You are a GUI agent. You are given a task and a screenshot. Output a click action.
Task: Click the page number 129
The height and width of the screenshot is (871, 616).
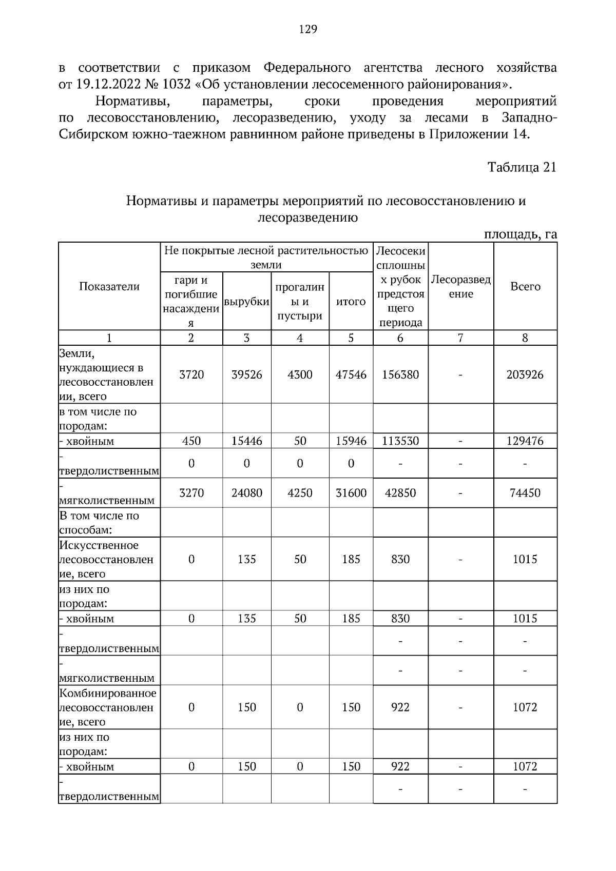click(x=308, y=29)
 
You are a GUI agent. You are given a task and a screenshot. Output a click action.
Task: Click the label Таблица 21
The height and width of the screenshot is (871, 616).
click(x=522, y=168)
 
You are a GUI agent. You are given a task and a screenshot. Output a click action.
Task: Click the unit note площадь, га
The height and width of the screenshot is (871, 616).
click(x=521, y=234)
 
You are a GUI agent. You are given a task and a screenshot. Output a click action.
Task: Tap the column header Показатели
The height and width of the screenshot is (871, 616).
click(x=109, y=287)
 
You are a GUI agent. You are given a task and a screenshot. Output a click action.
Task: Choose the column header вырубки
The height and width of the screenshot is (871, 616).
click(x=247, y=302)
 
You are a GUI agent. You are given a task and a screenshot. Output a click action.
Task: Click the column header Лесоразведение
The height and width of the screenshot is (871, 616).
click(x=460, y=287)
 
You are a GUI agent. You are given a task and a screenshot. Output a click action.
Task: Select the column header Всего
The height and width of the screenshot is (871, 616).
click(x=525, y=287)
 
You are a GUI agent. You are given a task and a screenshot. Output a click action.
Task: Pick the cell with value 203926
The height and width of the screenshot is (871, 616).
click(x=525, y=375)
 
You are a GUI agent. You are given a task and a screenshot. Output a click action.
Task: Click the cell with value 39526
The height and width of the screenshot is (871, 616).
click(x=247, y=375)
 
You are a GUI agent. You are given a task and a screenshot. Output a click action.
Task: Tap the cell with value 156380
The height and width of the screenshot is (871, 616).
click(x=400, y=375)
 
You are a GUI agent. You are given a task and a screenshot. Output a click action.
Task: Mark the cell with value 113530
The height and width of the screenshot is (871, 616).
click(x=400, y=441)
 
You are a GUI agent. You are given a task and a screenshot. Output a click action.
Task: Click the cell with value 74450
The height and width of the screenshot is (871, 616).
click(x=525, y=493)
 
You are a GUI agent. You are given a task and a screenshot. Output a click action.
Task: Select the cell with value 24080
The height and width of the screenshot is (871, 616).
click(x=247, y=493)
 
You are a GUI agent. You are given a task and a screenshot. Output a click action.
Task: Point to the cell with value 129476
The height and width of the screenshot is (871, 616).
click(x=525, y=441)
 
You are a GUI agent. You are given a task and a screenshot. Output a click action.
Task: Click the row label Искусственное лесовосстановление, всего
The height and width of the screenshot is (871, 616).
click(x=106, y=559)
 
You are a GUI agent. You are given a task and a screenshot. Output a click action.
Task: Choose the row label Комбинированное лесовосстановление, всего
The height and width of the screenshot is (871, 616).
click(x=107, y=707)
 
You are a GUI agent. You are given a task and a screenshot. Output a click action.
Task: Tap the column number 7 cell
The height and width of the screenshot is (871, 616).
click(x=460, y=338)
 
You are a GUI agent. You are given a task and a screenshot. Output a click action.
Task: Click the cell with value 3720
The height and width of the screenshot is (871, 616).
click(x=191, y=375)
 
